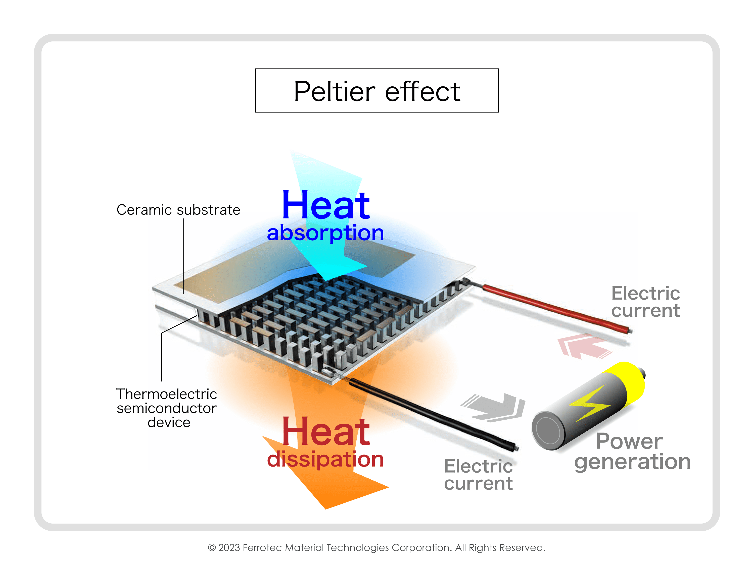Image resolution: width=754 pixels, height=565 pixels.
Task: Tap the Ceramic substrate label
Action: tap(178, 210)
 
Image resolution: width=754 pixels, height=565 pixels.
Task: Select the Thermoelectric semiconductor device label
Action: tap(167, 408)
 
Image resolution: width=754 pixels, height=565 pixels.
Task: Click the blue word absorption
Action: tap(325, 233)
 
